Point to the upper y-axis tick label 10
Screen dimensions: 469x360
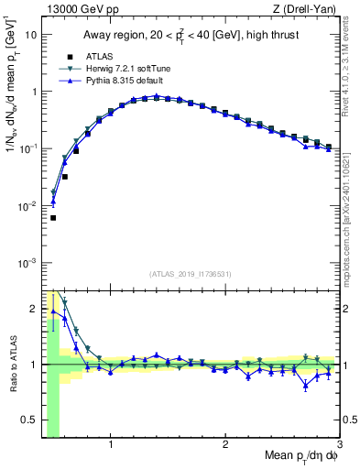(30, 35)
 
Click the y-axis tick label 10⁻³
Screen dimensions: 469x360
(27, 263)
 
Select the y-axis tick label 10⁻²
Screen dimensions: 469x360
(27, 206)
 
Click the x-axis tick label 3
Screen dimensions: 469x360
(339, 446)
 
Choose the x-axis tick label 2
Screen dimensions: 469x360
(225, 446)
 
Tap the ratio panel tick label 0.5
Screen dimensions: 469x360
(27, 421)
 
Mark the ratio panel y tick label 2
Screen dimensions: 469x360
(33, 308)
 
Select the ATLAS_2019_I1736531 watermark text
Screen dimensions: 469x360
(191, 274)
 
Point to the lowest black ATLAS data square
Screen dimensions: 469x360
(53, 218)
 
